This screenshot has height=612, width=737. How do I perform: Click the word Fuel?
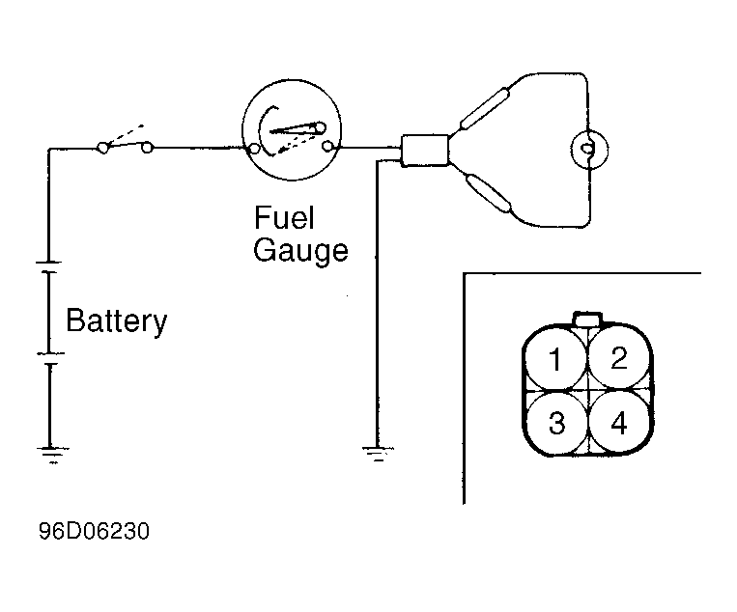click(x=284, y=217)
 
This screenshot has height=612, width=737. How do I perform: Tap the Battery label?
click(x=117, y=320)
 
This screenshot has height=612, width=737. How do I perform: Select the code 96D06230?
click(x=94, y=531)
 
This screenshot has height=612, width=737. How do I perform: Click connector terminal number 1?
click(x=555, y=359)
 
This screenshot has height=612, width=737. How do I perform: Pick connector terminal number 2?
click(x=619, y=358)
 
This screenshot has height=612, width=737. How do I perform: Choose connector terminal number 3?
click(x=556, y=422)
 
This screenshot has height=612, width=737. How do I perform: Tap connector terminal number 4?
click(x=619, y=423)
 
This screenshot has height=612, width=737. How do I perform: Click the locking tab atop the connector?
click(x=587, y=319)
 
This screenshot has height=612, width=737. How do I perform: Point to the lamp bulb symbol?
click(x=589, y=150)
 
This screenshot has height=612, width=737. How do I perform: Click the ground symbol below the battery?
click(x=52, y=455)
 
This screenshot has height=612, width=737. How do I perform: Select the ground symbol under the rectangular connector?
click(x=378, y=454)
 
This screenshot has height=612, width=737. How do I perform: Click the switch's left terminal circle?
click(x=103, y=148)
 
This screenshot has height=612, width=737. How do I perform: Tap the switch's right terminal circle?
click(x=147, y=148)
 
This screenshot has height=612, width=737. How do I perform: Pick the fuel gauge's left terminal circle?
click(x=254, y=150)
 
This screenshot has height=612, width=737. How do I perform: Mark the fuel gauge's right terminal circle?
click(x=327, y=147)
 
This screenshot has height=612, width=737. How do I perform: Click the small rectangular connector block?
click(x=424, y=151)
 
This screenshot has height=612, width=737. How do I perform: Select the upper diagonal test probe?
click(x=485, y=108)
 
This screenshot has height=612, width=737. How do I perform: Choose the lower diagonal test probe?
click(x=488, y=192)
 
